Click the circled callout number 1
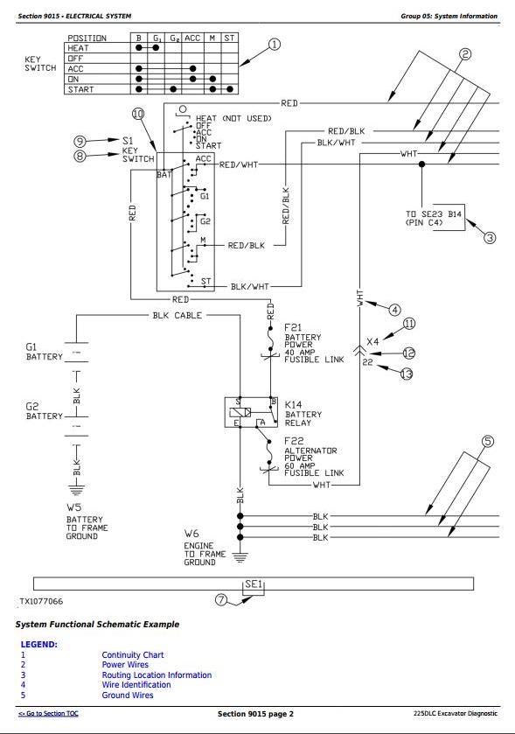(x=274, y=45)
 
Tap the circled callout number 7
(x=221, y=599)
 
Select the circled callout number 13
(x=407, y=374)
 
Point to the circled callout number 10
(x=138, y=114)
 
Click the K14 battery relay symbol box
(x=250, y=412)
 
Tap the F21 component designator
(x=293, y=327)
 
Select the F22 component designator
(x=294, y=441)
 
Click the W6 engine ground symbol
(x=240, y=557)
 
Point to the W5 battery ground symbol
(x=76, y=490)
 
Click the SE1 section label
(x=254, y=584)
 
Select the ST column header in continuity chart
(x=229, y=38)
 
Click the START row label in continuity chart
(x=81, y=89)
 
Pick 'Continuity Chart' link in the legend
(x=133, y=655)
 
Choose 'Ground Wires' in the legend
(x=128, y=696)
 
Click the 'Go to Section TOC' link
(x=48, y=713)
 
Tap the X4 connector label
(x=372, y=341)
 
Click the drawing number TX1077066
(x=41, y=601)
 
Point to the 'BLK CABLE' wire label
(x=177, y=316)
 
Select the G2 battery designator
(x=31, y=406)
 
